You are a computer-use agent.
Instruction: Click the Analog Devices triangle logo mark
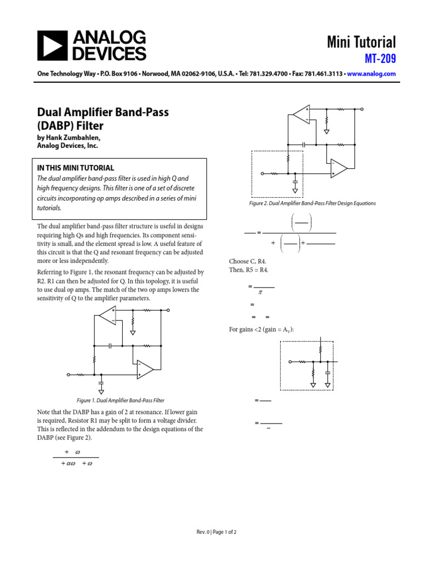click(x=52, y=45)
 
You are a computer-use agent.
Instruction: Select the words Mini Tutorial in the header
click(x=361, y=42)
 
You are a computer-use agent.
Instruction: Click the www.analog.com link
click(x=371, y=73)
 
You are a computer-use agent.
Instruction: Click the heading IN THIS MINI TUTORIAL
click(x=76, y=168)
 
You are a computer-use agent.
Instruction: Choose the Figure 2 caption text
click(x=312, y=203)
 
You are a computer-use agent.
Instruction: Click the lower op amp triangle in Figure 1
click(x=145, y=370)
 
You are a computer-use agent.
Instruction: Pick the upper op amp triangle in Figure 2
click(x=301, y=114)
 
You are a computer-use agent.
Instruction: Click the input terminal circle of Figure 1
click(x=69, y=375)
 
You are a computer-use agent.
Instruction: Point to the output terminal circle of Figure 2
click(x=362, y=109)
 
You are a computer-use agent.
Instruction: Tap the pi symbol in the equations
click(x=260, y=293)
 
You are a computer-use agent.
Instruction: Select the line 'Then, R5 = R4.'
click(x=249, y=270)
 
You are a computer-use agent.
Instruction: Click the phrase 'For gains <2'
click(x=245, y=329)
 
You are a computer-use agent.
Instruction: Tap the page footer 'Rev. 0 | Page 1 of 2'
click(x=217, y=532)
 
